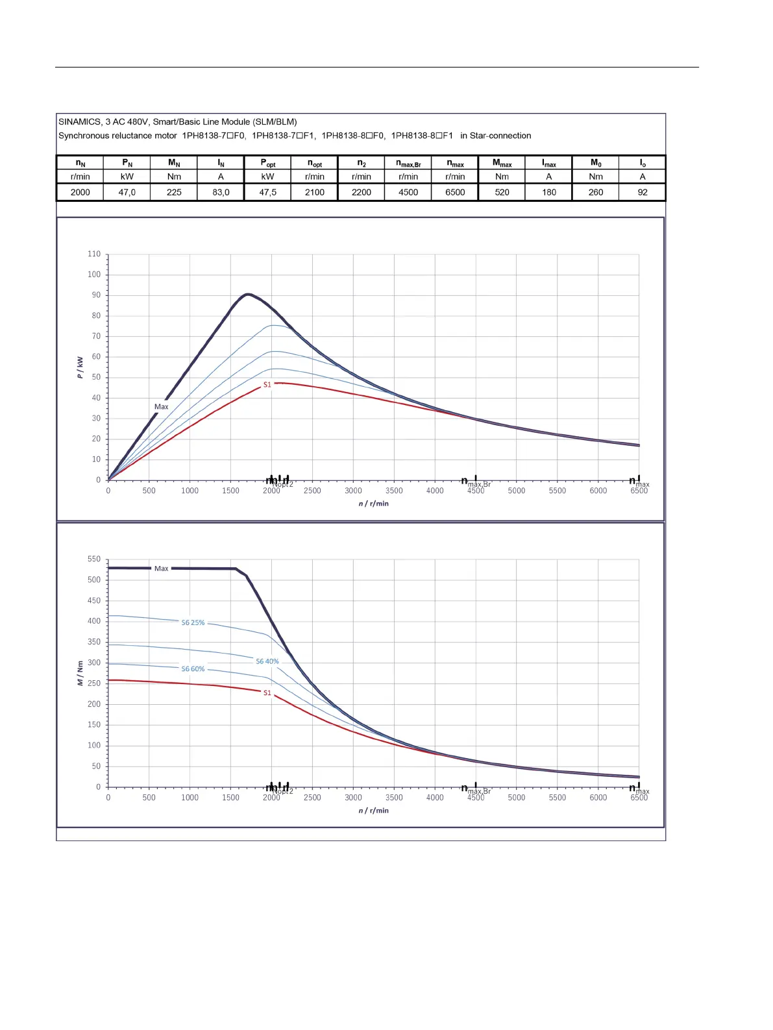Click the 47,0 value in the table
pyautogui.click(x=127, y=192)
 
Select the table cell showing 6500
pyautogui.click(x=455, y=192)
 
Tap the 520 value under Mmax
pyautogui.click(x=502, y=192)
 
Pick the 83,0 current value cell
pyautogui.click(x=221, y=192)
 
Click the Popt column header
pyautogui.click(x=267, y=163)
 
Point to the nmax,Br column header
pyautogui.click(x=408, y=163)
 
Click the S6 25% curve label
pyautogui.click(x=193, y=622)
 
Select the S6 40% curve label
pyautogui.click(x=267, y=661)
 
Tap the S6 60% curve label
pyautogui.click(x=193, y=668)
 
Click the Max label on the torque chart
pyautogui.click(x=161, y=569)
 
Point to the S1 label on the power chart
pyautogui.click(x=267, y=384)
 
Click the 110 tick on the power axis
pyautogui.click(x=95, y=254)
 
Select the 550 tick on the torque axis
pyautogui.click(x=95, y=559)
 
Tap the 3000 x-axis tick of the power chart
pyautogui.click(x=353, y=491)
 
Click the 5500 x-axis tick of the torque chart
pyautogui.click(x=557, y=798)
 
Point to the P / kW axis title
pyautogui.click(x=80, y=367)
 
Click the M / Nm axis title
pyautogui.click(x=80, y=673)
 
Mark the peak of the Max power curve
pyautogui.click(x=247, y=294)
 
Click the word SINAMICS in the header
pyautogui.click(x=79, y=121)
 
